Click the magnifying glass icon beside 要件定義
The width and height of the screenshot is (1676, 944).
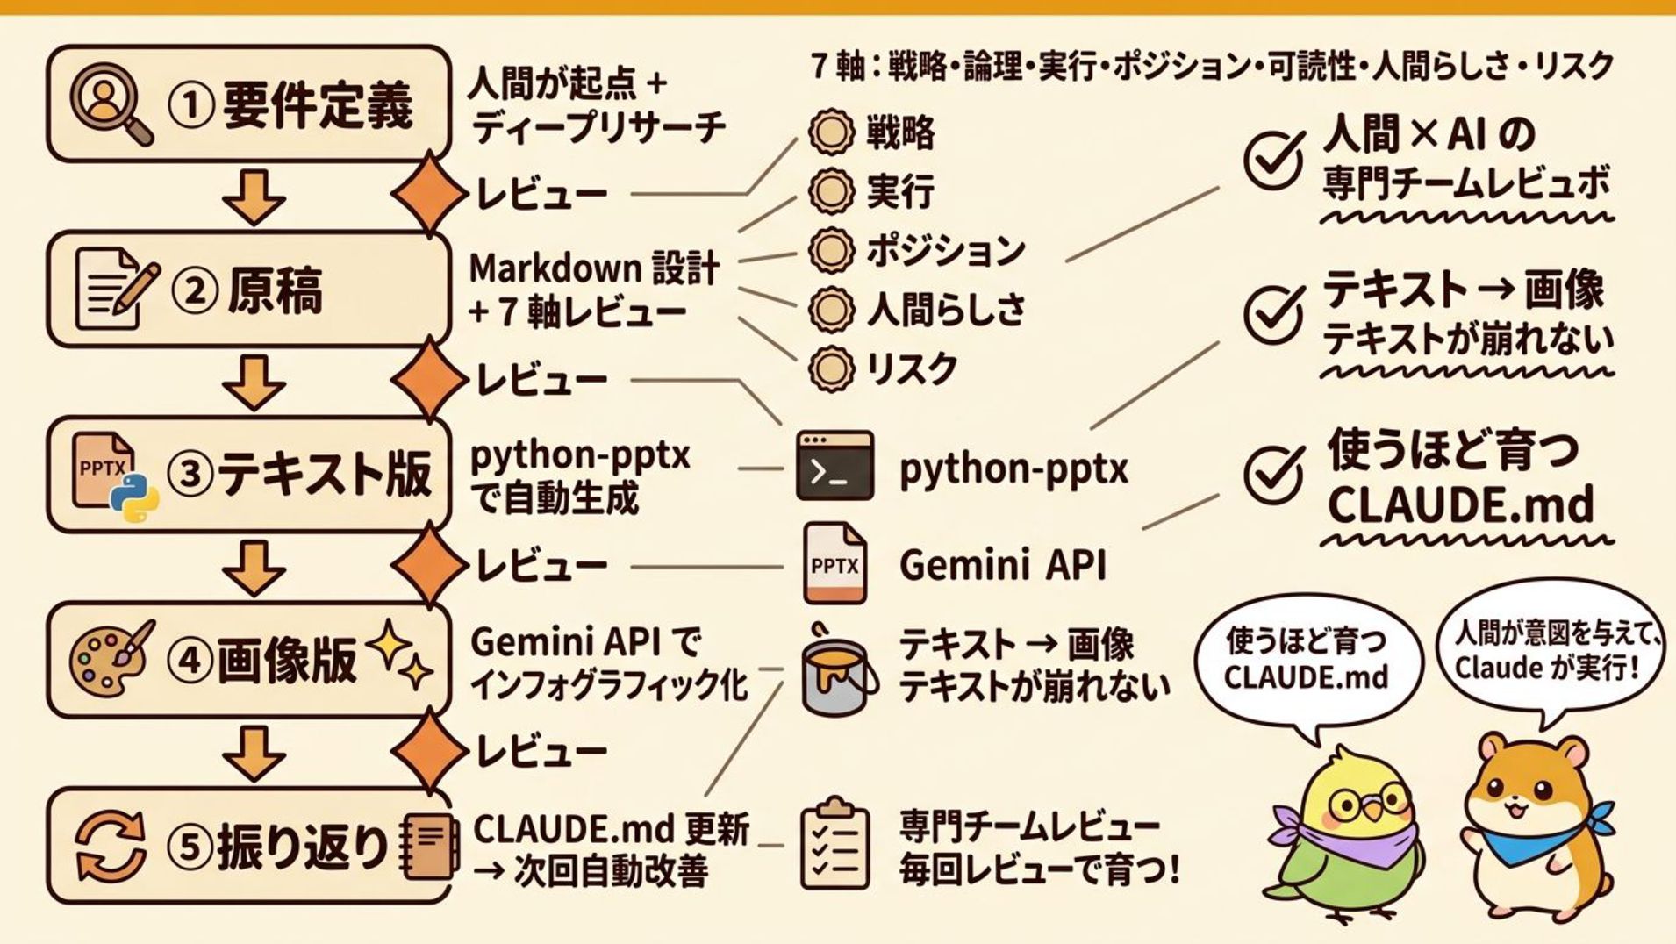click(109, 105)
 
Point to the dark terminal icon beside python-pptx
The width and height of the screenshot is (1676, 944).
click(834, 466)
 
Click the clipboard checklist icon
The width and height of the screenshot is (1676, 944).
click(835, 843)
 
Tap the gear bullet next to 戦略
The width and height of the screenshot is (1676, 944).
click(830, 132)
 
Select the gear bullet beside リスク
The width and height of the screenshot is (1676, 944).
click(830, 368)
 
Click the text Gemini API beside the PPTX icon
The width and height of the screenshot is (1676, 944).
click(1002, 565)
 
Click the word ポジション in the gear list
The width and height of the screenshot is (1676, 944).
click(945, 251)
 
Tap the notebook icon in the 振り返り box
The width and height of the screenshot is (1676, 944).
click(430, 846)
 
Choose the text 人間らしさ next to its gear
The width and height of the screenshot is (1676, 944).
click(946, 310)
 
